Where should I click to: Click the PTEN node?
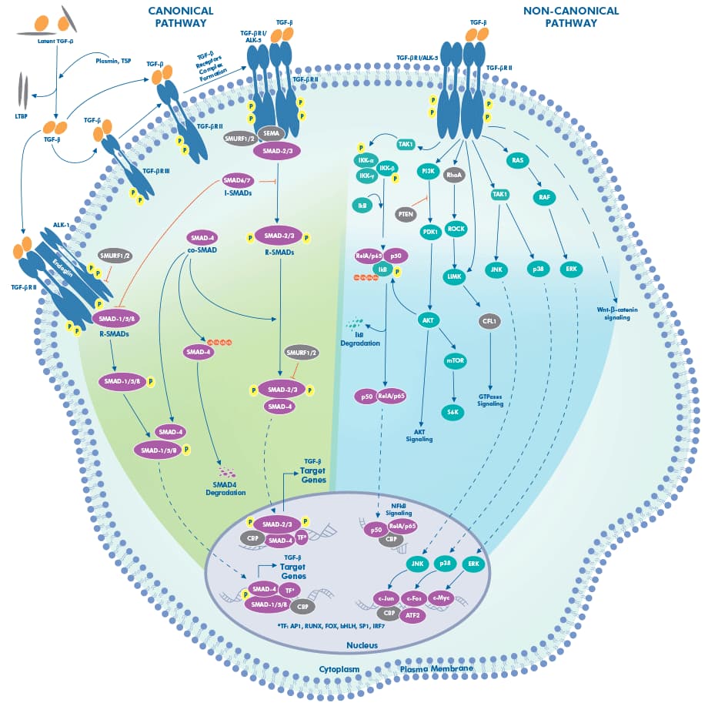point(406,215)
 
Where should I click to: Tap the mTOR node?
point(455,360)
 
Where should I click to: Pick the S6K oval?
point(454,412)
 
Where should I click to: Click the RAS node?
point(518,159)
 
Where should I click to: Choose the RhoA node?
point(455,175)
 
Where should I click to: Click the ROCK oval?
point(456,229)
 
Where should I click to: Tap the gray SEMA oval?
point(271,133)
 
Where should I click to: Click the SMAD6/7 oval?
point(235,180)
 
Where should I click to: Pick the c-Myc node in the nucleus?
point(441,597)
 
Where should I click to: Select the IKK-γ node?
point(366,177)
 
